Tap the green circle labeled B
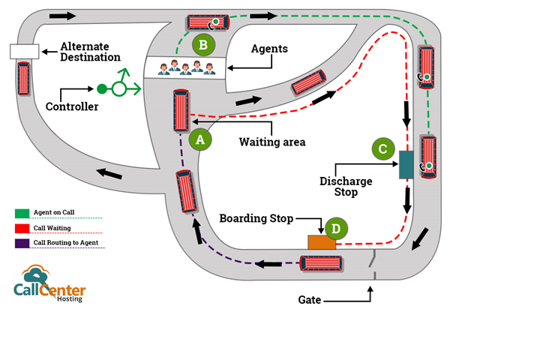click(203, 46)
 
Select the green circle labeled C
click(383, 149)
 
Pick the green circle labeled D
click(335, 228)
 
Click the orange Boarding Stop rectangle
click(320, 242)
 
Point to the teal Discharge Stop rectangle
click(406, 164)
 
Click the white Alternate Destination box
click(24, 51)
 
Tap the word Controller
click(72, 106)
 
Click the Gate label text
click(310, 300)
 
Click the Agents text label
click(270, 49)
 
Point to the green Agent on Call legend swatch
click(22, 213)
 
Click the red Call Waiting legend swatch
click(22, 228)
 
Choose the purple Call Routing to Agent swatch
click(22, 243)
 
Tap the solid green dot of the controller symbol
click(101, 89)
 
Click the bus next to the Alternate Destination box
click(24, 78)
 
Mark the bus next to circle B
click(207, 23)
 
